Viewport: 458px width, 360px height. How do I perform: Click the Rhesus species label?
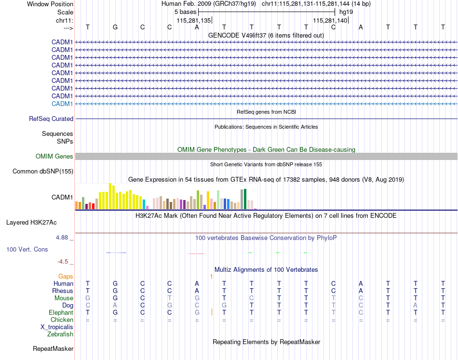click(x=63, y=291)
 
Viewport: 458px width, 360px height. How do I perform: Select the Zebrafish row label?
click(x=60, y=334)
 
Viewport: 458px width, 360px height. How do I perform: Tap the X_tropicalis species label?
click(x=57, y=327)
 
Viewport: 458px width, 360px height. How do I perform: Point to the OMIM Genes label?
click(x=54, y=156)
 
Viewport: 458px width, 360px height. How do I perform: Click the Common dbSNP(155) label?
click(x=43, y=171)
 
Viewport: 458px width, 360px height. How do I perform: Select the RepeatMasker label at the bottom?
click(x=53, y=348)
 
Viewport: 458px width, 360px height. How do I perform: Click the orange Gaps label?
click(x=66, y=276)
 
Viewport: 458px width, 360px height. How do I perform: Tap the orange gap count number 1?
click(x=211, y=276)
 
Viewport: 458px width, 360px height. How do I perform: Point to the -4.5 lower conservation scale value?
click(x=63, y=262)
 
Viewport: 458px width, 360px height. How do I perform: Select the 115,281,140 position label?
click(x=330, y=21)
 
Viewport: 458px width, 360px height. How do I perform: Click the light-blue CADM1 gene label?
click(x=62, y=104)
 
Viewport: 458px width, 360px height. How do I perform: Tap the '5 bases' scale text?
click(x=185, y=12)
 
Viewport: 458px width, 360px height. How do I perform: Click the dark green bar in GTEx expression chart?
click(x=245, y=199)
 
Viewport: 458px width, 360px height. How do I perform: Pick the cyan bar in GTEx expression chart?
click(x=144, y=204)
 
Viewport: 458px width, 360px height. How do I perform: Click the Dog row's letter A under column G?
click(x=115, y=306)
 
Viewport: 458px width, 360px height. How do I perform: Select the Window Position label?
click(x=50, y=4)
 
